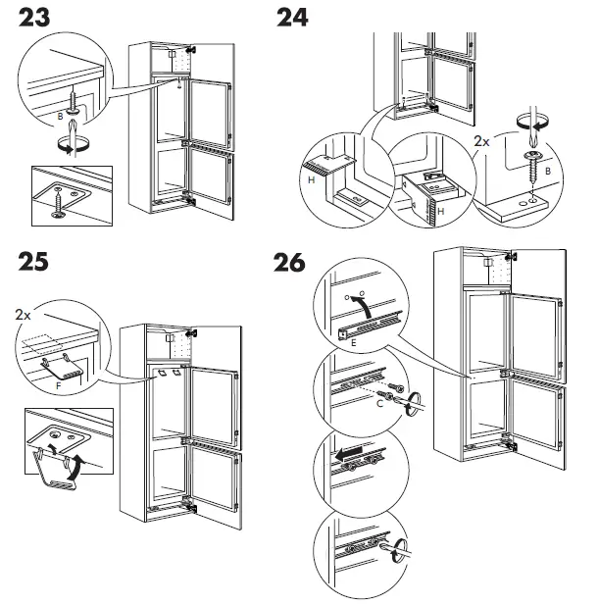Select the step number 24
click(x=300, y=18)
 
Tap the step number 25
click(x=40, y=263)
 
